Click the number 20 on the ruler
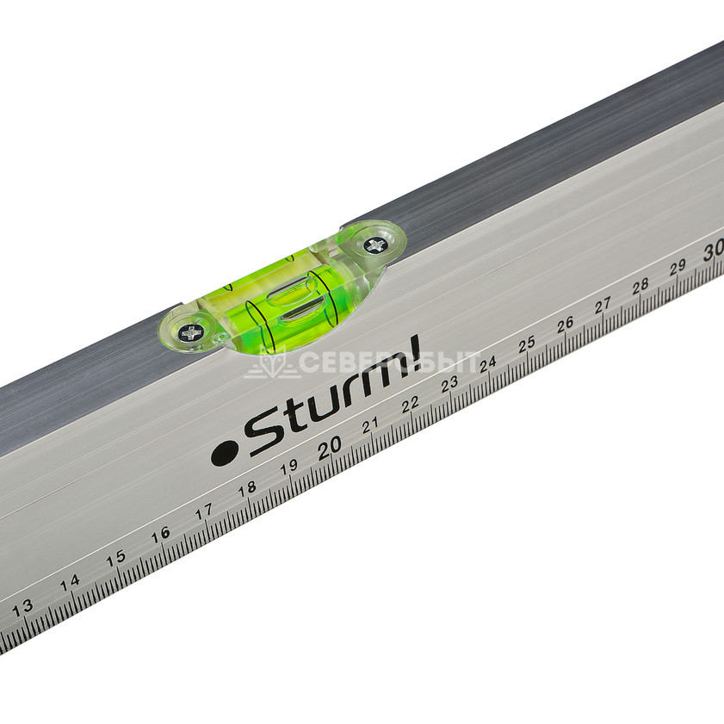click(x=330, y=447)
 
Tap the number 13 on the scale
click(x=22, y=608)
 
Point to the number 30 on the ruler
click(x=714, y=251)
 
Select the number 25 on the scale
click(x=526, y=344)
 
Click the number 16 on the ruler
click(x=161, y=535)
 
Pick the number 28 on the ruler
click(x=640, y=287)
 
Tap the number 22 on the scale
click(x=410, y=404)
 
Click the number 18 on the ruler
click(x=247, y=489)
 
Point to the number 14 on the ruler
click(x=70, y=583)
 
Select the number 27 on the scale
click(x=603, y=306)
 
